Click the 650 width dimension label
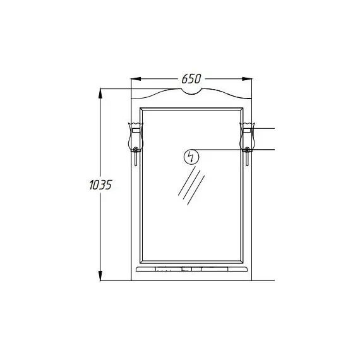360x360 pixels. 191,79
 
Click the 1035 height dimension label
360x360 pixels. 100,185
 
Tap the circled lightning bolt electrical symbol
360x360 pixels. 191,157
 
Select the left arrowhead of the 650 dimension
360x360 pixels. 136,79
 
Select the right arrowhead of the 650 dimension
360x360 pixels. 247,79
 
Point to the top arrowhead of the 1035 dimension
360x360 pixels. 100,93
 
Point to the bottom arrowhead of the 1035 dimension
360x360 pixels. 100,275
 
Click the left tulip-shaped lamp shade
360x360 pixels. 136,136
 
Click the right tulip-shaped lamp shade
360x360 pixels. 247,136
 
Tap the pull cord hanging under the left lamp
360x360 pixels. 136,159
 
